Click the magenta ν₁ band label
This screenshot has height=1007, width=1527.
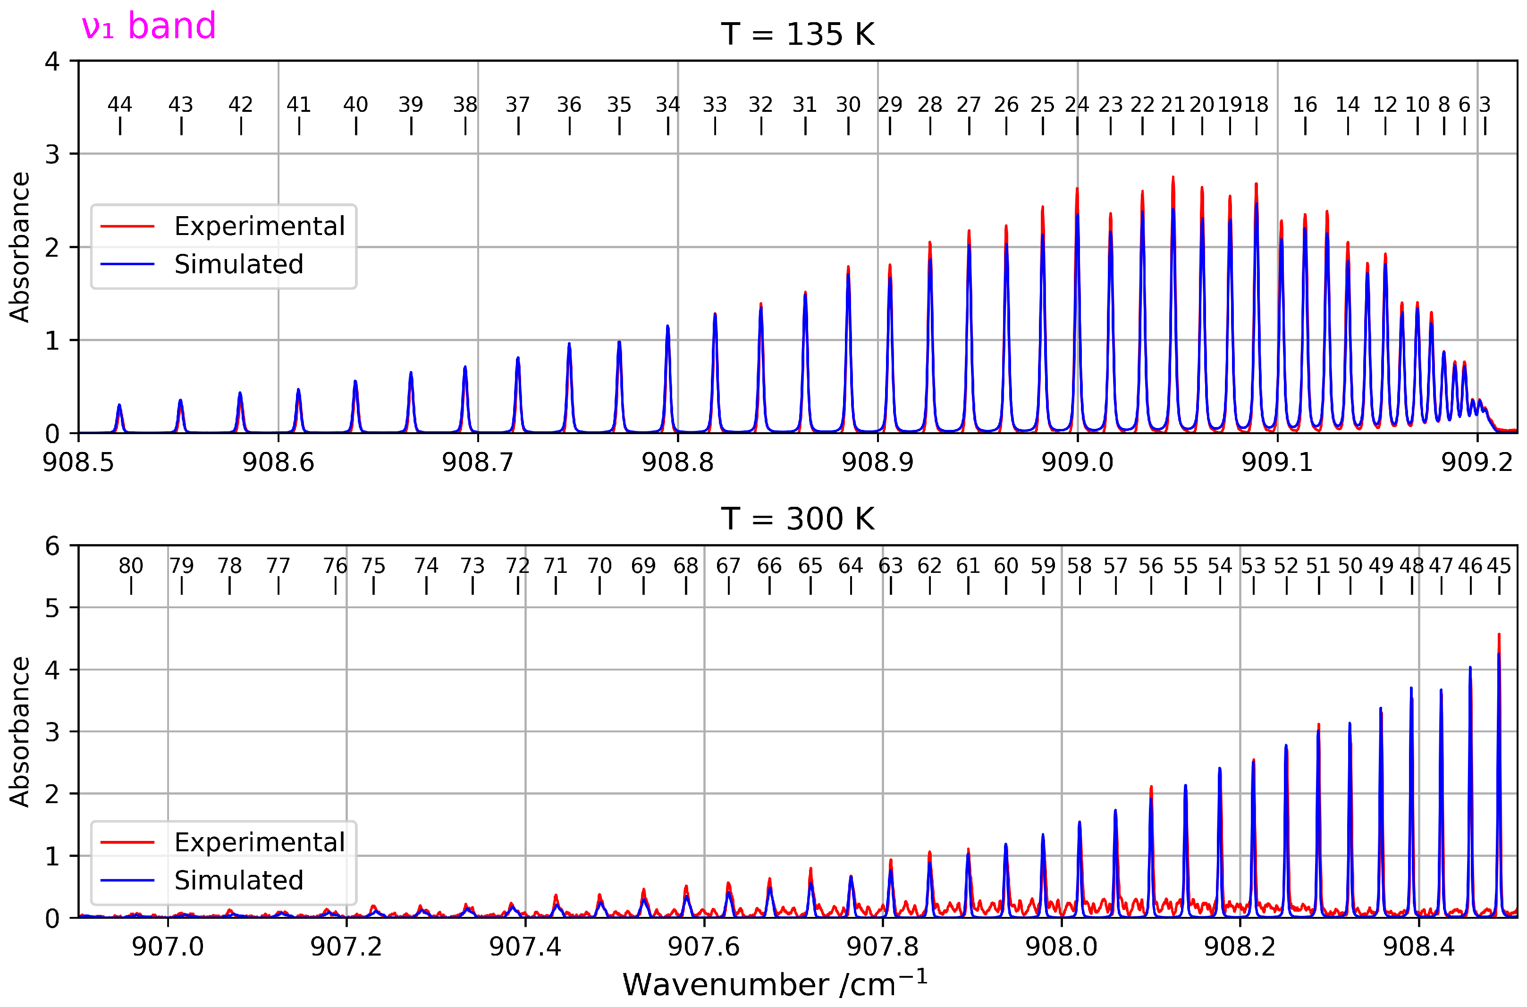(148, 26)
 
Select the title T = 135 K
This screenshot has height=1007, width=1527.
(797, 34)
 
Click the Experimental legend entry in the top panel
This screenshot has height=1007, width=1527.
(259, 226)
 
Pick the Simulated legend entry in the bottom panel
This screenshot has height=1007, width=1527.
(238, 880)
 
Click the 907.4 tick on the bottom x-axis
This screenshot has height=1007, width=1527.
(525, 947)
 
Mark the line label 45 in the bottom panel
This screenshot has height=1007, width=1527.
(1499, 566)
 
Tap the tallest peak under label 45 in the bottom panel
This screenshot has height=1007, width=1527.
(1499, 636)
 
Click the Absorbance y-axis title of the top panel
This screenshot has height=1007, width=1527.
(20, 247)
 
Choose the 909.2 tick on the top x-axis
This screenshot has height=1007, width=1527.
(1477, 462)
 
